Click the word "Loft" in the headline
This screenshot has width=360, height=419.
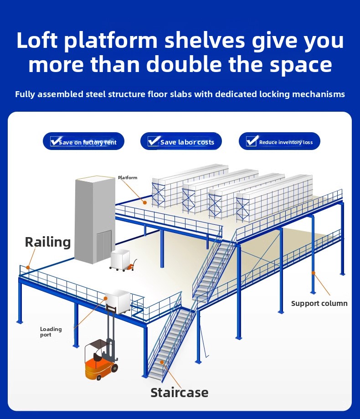pyautogui.click(x=37, y=40)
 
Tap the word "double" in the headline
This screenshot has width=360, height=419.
pyautogui.click(x=184, y=64)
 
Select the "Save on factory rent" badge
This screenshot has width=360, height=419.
pyautogui.click(x=83, y=141)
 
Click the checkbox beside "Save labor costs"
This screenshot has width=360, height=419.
pyautogui.click(x=153, y=140)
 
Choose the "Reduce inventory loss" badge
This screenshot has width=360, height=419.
pyautogui.click(x=279, y=141)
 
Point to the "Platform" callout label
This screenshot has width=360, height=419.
pyautogui.click(x=128, y=177)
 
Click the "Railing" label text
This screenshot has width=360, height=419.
pyautogui.click(x=48, y=242)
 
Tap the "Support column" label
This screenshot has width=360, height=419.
pyautogui.click(x=319, y=303)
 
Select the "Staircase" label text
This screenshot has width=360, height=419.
pyautogui.click(x=180, y=393)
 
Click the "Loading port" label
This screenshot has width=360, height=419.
pyautogui.click(x=51, y=332)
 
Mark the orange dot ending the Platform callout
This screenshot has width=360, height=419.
pyautogui.click(x=145, y=202)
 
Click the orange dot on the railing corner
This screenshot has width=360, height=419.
pyautogui.click(x=28, y=267)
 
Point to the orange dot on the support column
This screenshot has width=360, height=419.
pyautogui.click(x=313, y=273)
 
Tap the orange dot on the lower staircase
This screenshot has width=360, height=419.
pyautogui.click(x=162, y=362)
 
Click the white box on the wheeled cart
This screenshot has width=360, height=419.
pyautogui.click(x=120, y=259)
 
